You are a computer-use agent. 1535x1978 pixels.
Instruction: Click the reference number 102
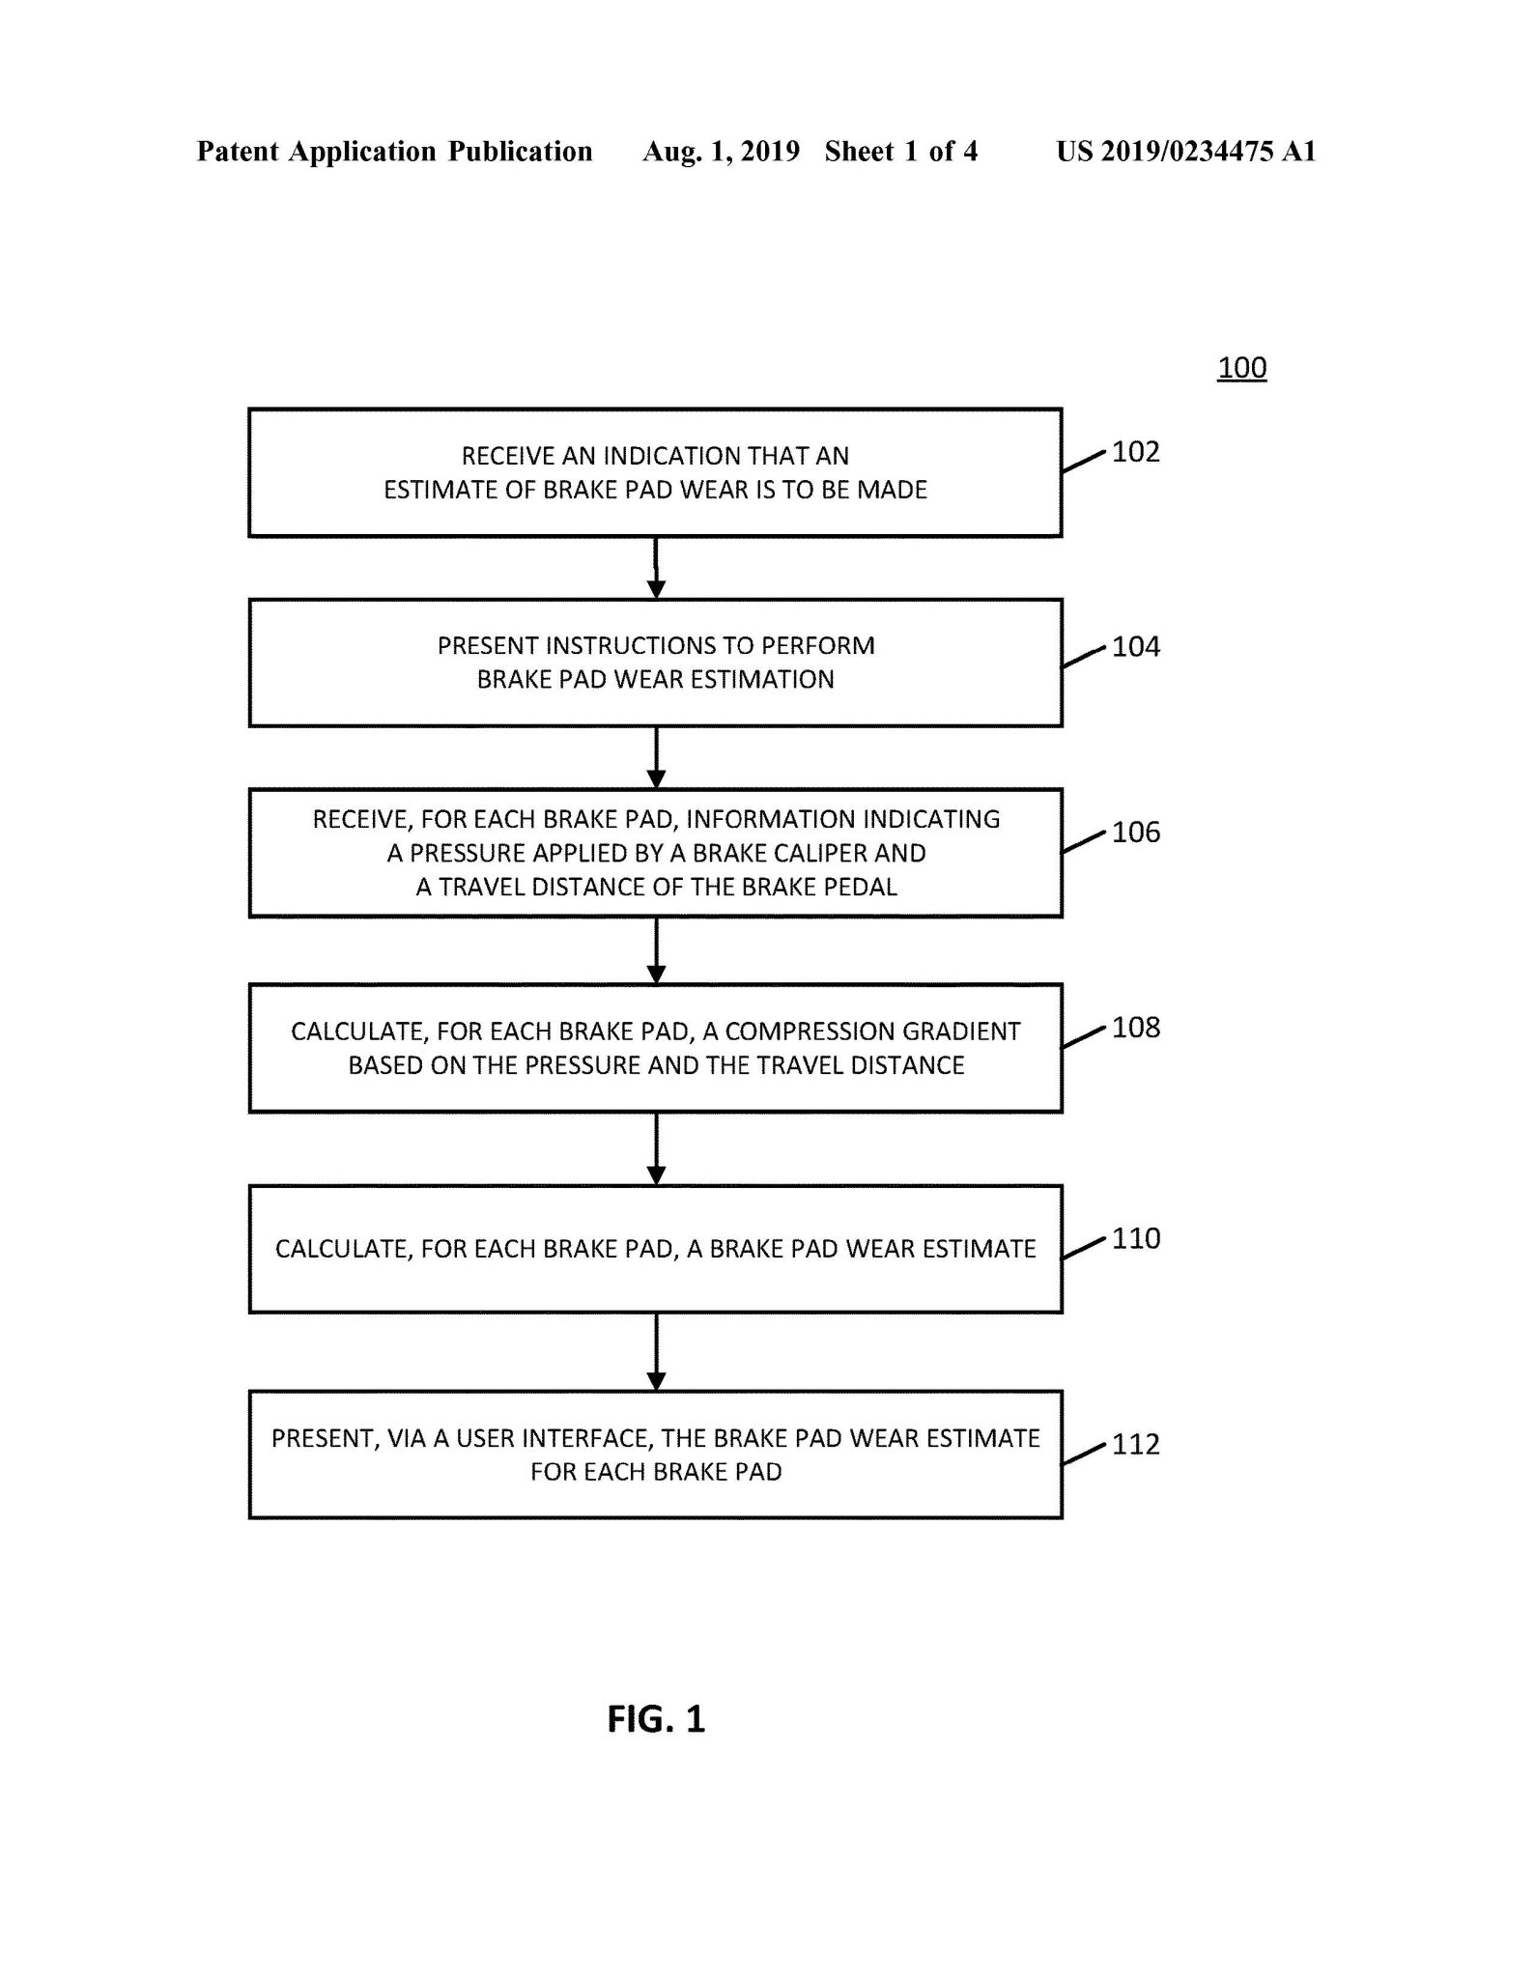[x=1135, y=452]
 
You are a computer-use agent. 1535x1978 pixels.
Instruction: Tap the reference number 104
[x=1135, y=646]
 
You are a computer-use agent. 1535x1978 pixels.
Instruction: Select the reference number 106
[x=1135, y=833]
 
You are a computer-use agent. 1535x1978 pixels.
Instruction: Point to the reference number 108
[x=1135, y=1028]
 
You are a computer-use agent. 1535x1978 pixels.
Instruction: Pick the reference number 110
[x=1135, y=1239]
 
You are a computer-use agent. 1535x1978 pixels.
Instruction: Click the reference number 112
[x=1135, y=1445]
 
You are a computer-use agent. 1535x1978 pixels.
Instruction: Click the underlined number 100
[x=1241, y=368]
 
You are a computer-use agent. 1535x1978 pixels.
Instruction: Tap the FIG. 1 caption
[x=656, y=1720]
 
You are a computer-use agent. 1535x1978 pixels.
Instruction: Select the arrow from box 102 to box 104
[x=656, y=568]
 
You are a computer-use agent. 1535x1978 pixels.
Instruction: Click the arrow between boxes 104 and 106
[x=656, y=758]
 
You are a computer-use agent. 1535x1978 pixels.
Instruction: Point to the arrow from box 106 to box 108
[x=656, y=950]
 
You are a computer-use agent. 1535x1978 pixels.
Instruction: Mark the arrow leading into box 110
[x=656, y=1149]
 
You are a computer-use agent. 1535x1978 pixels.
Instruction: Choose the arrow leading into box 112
[x=656, y=1352]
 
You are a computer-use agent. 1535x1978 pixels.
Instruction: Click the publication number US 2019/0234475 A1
[x=1185, y=152]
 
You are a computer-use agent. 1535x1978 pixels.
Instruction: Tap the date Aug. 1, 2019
[x=721, y=152]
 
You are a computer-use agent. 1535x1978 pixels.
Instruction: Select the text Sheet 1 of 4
[x=900, y=152]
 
